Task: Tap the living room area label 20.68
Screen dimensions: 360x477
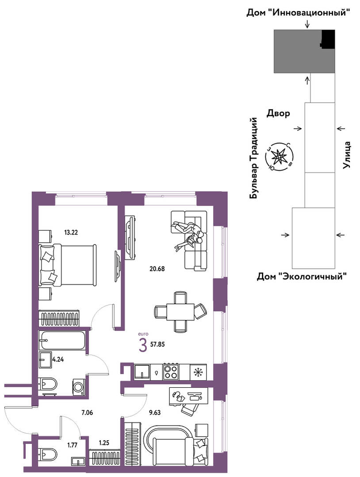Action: click(x=157, y=269)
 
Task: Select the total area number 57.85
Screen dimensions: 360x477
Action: click(x=157, y=345)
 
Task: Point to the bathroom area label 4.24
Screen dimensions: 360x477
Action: click(x=58, y=359)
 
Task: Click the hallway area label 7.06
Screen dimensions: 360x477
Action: click(x=87, y=413)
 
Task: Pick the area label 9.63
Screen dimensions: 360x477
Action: click(x=155, y=413)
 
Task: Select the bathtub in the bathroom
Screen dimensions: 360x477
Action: click(x=62, y=340)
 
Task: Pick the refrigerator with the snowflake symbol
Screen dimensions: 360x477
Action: click(x=198, y=372)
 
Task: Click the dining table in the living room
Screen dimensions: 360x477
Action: click(x=180, y=312)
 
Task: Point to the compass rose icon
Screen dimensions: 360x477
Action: click(x=279, y=156)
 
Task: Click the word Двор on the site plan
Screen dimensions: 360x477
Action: click(x=279, y=114)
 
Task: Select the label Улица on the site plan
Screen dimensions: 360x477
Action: click(x=346, y=155)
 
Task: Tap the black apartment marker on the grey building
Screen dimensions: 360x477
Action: click(x=327, y=39)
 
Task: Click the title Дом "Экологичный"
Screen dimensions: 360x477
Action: click(x=302, y=277)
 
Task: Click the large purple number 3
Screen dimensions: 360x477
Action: click(x=142, y=346)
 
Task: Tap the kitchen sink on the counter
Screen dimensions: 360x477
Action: click(x=142, y=371)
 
